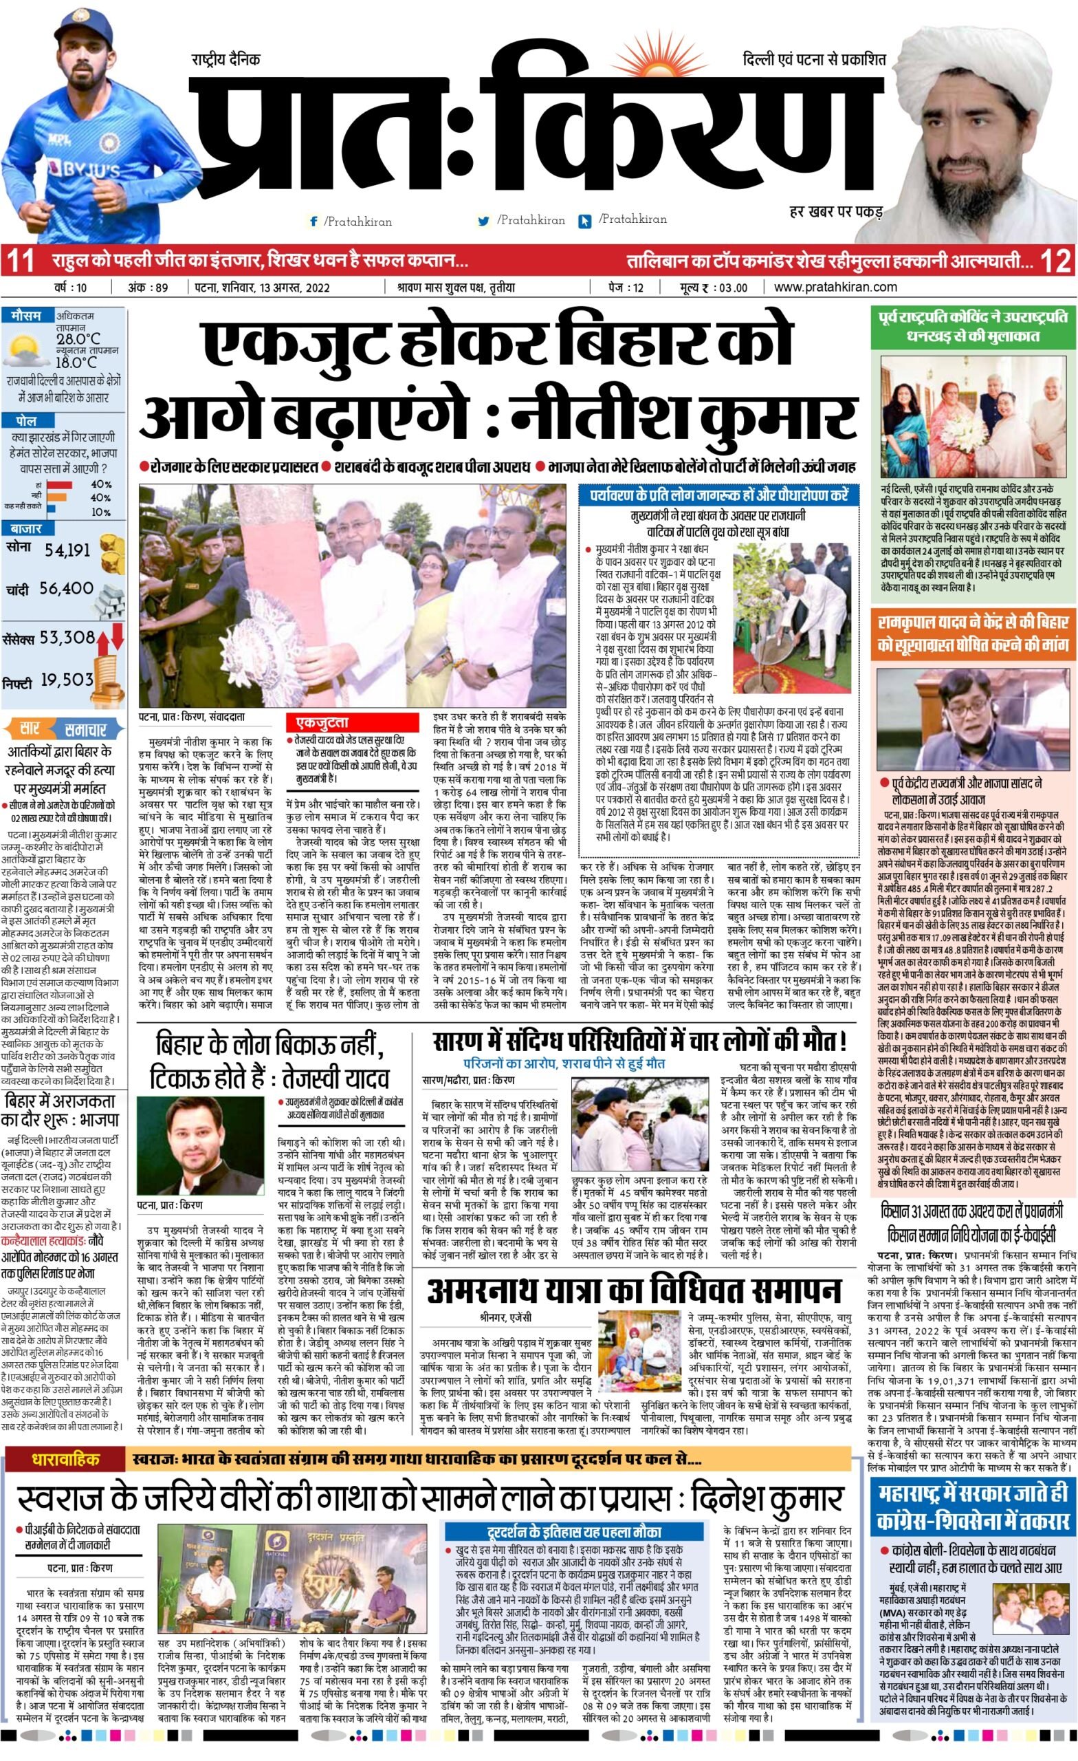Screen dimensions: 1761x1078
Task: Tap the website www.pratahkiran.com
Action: [x=835, y=288]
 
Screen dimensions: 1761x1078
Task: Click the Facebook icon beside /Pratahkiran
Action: [x=313, y=222]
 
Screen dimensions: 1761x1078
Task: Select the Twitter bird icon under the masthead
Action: [x=483, y=222]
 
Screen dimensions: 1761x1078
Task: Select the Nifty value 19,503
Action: [x=67, y=679]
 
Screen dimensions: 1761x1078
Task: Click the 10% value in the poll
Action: [x=101, y=512]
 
